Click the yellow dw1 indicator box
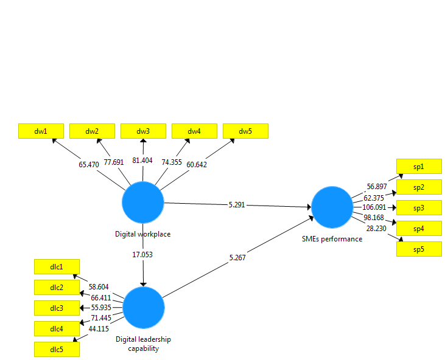41,131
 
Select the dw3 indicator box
143,131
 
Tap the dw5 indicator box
245,131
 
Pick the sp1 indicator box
419,166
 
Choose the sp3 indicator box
419,207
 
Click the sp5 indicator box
419,249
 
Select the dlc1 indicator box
57,266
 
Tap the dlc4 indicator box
57,328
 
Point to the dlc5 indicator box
57,349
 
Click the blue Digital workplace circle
143,203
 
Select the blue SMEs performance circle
332,207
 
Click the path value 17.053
143,254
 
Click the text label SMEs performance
332,239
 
